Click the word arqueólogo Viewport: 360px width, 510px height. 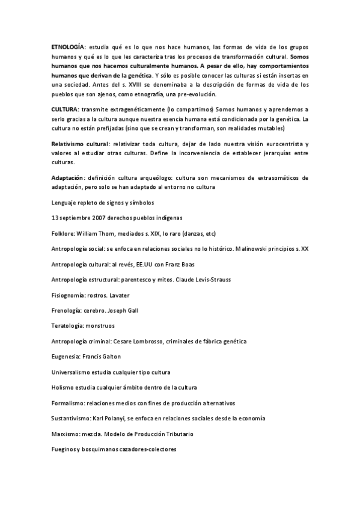171,178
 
